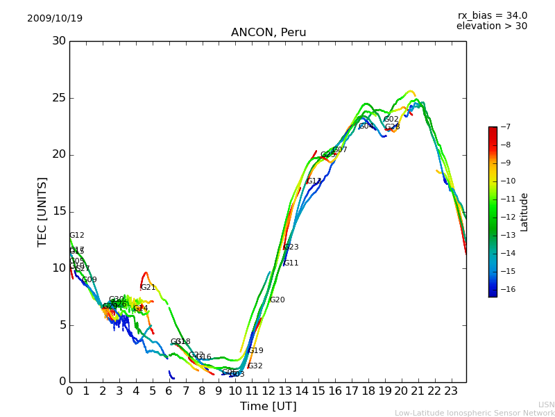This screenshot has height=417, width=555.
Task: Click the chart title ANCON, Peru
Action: pos(268,33)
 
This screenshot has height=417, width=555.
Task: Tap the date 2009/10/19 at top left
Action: pos(55,18)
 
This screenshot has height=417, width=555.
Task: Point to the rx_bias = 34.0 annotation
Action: pos(492,15)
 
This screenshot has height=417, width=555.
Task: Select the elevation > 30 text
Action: pos(491,26)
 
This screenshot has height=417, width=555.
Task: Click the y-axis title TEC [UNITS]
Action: pos(42,211)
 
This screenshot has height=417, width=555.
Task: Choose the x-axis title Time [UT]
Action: pos(268,407)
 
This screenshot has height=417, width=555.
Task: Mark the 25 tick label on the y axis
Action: pos(58,98)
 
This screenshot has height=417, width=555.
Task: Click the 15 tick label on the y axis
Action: pos(58,211)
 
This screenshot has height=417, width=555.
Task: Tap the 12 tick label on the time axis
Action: pos(268,391)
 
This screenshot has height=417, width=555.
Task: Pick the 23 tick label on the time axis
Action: pos(451,391)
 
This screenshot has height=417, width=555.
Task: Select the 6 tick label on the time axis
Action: pos(169,391)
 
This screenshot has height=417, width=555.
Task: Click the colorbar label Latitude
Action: pos(524,212)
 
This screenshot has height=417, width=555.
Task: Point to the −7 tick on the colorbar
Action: pos(504,126)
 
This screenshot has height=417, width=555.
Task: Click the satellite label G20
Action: pos(277,300)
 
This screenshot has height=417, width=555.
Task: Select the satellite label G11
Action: pos(291,263)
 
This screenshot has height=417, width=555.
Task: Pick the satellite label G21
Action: pos(148,288)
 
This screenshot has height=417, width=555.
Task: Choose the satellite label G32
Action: pos(255,366)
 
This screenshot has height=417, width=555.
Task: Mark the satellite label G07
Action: pos(339,150)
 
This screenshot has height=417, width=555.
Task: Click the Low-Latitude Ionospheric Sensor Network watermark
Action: pos(475,414)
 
